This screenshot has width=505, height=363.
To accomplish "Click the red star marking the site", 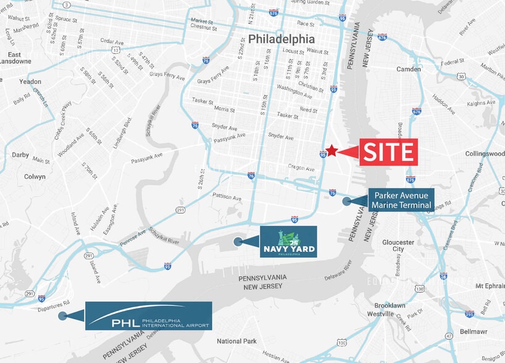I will click(x=332, y=150).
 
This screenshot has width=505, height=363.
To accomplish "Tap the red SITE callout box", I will click(x=386, y=152).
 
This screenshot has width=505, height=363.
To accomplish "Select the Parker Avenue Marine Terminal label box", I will click(x=402, y=201).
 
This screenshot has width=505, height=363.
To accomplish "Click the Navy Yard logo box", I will click(x=288, y=241).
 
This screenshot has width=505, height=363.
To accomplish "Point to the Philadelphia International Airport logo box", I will click(x=149, y=316).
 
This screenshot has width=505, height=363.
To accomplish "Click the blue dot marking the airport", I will click(x=62, y=316).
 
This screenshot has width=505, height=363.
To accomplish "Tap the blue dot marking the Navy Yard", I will click(x=237, y=242).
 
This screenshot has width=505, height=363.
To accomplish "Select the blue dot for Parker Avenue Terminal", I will click(x=347, y=201).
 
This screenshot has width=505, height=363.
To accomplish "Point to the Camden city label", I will click(x=409, y=69).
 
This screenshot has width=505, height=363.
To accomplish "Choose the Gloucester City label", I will click(x=398, y=246).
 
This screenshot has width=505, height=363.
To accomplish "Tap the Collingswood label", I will click(x=485, y=153).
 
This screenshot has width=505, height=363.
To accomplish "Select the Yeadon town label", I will click(x=30, y=81).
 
